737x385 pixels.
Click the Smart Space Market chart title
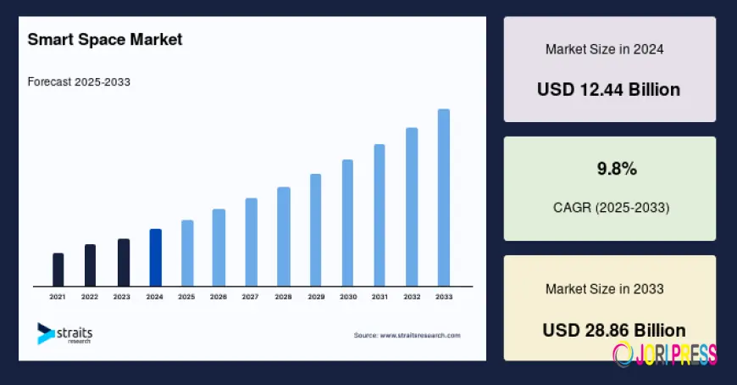105,40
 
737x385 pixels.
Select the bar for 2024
155,258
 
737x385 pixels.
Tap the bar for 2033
443,198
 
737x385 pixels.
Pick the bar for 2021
58,270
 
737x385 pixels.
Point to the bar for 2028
284,237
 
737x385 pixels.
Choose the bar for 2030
347,223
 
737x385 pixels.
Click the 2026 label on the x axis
219,298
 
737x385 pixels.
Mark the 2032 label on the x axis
412,298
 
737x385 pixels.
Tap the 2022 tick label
90,298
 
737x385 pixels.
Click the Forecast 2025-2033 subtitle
79,82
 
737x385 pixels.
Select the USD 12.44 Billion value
608,89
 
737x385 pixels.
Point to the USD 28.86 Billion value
614,330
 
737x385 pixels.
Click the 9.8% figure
617,169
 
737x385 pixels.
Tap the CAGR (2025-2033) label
610,207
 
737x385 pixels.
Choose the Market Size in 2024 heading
604,49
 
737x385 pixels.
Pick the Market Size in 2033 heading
604,289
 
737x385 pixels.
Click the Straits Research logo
65,332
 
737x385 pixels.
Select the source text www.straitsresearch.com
407,336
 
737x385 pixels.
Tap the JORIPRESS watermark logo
665,354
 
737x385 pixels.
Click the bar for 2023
124,263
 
